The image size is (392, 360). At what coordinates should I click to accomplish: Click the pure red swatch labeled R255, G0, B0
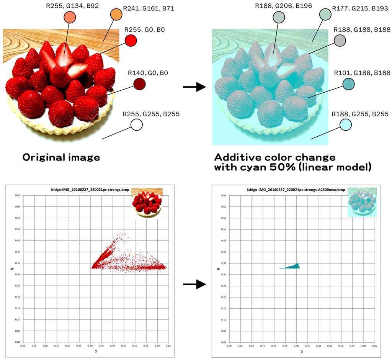(x=131, y=40)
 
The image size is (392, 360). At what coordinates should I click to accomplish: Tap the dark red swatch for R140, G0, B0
(x=139, y=84)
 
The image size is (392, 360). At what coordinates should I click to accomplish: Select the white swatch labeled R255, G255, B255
(x=136, y=124)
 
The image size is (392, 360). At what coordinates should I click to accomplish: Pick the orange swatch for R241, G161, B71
(x=116, y=15)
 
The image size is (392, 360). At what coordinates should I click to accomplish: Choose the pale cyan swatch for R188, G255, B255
(x=345, y=124)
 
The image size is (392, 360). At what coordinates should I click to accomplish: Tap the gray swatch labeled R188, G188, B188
(x=340, y=40)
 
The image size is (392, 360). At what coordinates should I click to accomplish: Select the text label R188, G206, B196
(x=283, y=5)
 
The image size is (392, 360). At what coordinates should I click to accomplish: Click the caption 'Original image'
(x=61, y=157)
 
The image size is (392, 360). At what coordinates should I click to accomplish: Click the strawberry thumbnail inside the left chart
(x=147, y=203)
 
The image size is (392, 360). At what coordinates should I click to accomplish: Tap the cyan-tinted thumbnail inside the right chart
(x=362, y=203)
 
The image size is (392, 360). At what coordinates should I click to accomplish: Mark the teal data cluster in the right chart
(x=294, y=267)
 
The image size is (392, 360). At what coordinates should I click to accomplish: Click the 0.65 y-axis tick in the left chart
(x=18, y=195)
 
